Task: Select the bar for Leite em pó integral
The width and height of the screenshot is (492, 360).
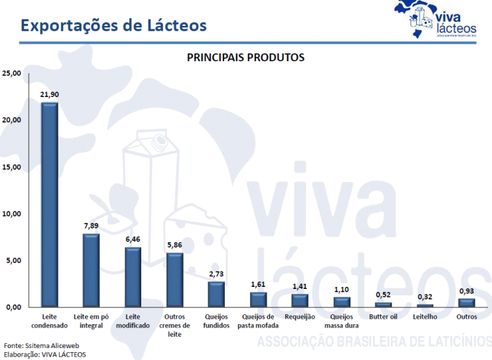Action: pos(91,271)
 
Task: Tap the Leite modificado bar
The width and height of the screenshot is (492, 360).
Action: pos(133,277)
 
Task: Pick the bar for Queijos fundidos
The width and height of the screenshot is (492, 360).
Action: pos(216,295)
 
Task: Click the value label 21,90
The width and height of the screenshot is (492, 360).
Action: pos(49,94)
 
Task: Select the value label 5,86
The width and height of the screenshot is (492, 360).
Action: pos(174,245)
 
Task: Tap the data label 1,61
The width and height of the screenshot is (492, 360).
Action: pos(258,284)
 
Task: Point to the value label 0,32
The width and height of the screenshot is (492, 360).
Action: pos(425,297)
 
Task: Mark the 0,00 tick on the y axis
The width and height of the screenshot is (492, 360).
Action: pos(14,307)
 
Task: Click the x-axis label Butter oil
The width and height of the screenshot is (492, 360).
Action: pos(383,317)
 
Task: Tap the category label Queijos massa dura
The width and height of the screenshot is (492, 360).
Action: pos(341,321)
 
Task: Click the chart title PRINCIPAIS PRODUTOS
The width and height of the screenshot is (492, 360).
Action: pos(245,57)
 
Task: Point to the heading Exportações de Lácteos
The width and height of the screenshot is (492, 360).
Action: pos(113,25)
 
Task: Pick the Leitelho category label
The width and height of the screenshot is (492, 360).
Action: pos(425,317)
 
